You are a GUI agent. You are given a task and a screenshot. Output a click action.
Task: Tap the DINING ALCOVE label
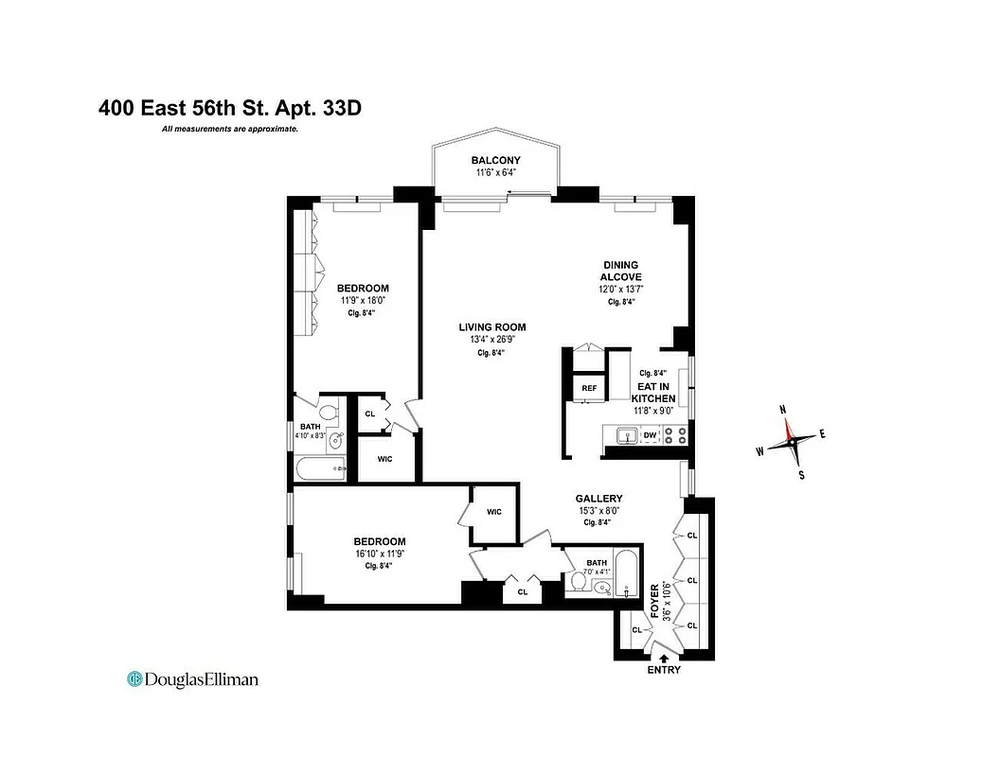621,271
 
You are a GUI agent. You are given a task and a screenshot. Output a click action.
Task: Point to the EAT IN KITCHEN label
653,393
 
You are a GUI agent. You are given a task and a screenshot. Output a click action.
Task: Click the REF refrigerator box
589,388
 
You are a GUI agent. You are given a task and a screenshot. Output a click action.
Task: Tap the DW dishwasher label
650,436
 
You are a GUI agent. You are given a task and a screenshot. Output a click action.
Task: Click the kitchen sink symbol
624,436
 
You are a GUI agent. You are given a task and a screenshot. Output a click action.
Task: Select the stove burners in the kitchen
674,436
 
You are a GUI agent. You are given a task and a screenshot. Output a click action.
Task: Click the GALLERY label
598,499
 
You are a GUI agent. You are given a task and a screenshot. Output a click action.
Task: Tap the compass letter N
782,410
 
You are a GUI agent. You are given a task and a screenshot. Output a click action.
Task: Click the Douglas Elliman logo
192,678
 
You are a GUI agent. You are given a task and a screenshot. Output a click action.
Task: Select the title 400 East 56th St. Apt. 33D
230,108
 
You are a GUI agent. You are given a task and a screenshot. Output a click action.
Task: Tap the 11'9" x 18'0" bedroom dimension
365,301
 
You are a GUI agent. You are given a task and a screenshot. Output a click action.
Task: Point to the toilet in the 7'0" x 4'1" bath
579,581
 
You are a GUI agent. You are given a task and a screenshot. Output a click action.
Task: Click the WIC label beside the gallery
494,512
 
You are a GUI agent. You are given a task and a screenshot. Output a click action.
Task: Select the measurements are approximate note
230,129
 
